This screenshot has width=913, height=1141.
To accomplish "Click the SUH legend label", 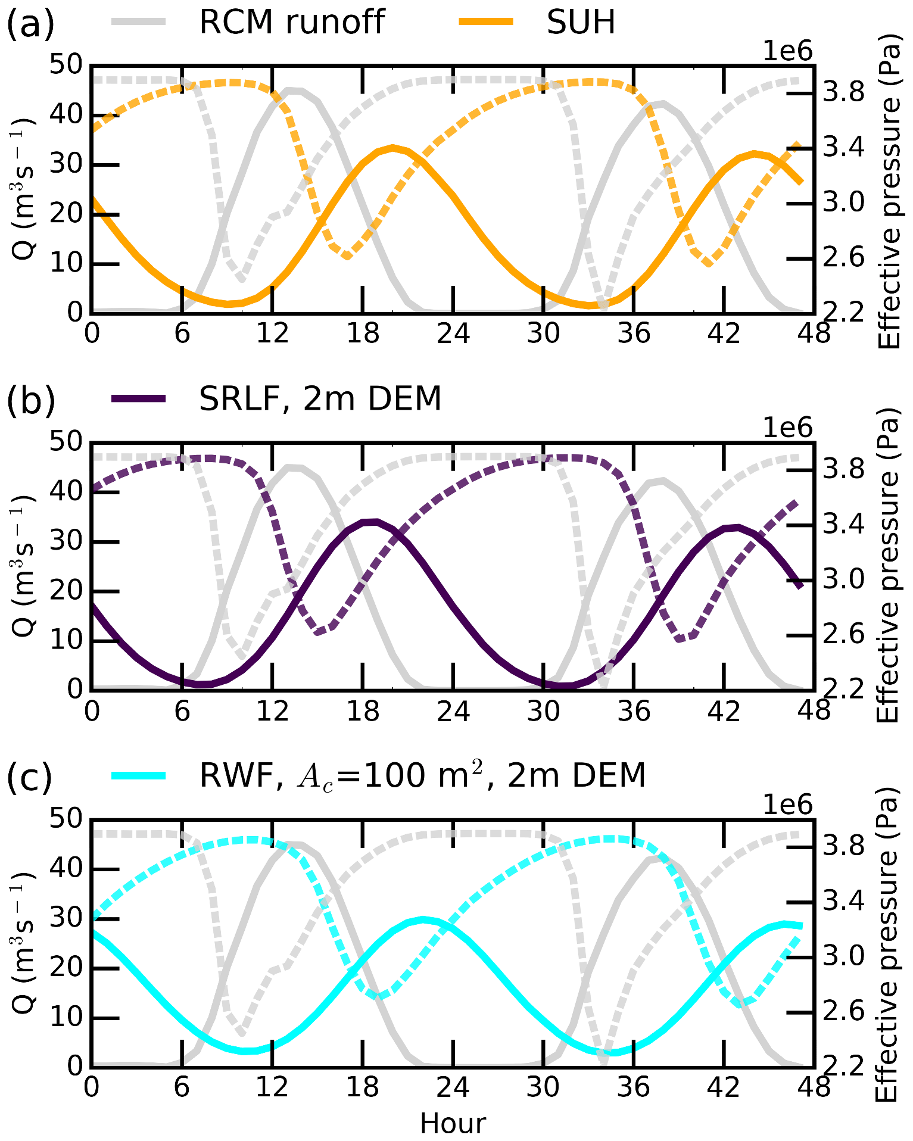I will [x=581, y=22].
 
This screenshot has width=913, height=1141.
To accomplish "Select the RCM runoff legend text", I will [x=292, y=22].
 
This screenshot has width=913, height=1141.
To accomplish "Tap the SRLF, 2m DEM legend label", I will [x=320, y=398].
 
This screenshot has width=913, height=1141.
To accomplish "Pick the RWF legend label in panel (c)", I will [x=422, y=775].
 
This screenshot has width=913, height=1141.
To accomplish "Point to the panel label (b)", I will [x=30, y=400].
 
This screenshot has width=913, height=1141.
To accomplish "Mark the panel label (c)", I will [x=30, y=777].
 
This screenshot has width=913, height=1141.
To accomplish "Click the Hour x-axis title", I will [x=453, y=1124].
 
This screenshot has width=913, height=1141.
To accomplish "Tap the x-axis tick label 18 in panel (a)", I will [x=363, y=333].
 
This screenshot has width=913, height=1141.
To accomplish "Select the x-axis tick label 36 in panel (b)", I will [x=634, y=711].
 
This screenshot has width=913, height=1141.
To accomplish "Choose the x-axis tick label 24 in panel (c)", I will [x=453, y=1087].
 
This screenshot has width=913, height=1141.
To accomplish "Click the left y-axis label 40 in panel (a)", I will [x=66, y=114].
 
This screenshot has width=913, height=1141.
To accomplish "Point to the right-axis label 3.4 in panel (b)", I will [x=842, y=523].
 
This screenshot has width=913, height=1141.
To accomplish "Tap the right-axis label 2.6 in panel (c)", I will [x=842, y=1011].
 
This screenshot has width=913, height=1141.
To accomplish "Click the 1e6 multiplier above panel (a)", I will [x=787, y=52].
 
